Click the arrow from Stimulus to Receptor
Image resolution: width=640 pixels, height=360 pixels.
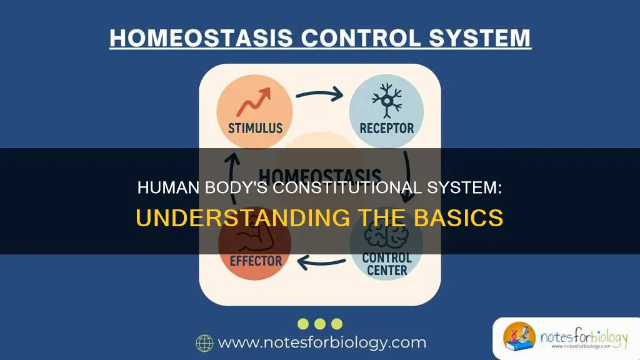pyautogui.click(x=319, y=96)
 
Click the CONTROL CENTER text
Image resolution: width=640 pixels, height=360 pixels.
pyautogui.click(x=386, y=264)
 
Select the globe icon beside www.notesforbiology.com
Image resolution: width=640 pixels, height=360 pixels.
pyautogui.click(x=204, y=342)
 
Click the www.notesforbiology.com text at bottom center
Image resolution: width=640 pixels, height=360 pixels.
pyautogui.click(x=322, y=342)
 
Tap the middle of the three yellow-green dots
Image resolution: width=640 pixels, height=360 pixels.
pyautogui.click(x=320, y=323)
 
